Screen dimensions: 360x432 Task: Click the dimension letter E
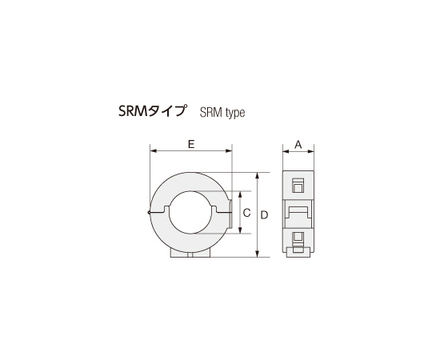pyautogui.click(x=190, y=144)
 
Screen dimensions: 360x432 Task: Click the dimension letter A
pyautogui.click(x=298, y=144)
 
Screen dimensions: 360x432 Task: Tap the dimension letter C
pyautogui.click(x=246, y=213)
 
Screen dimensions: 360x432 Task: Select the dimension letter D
pyautogui.click(x=264, y=214)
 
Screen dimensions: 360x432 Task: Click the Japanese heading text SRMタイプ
pyautogui.click(x=151, y=112)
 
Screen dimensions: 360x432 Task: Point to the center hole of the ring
pyautogui.click(x=190, y=212)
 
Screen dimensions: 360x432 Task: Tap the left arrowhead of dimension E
pyautogui.click(x=152, y=151)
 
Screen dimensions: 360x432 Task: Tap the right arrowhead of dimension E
pyautogui.click(x=229, y=151)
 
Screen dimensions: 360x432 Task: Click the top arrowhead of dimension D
pyautogui.click(x=256, y=174)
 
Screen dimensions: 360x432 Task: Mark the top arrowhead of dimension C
pyautogui.click(x=238, y=194)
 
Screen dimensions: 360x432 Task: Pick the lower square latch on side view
pyautogui.click(x=298, y=239)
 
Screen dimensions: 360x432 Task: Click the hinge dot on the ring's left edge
pyautogui.click(x=150, y=212)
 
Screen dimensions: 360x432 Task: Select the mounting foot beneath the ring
pyautogui.click(x=190, y=253)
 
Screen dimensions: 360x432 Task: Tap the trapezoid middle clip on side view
pyautogui.click(x=298, y=210)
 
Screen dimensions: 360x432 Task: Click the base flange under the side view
pyautogui.click(x=298, y=253)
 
